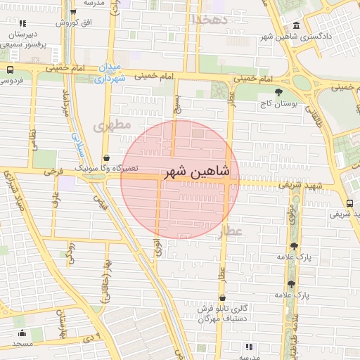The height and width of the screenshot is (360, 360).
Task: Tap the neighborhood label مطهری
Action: click(x=112, y=127)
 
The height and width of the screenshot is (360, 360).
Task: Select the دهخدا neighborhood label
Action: click(x=210, y=19)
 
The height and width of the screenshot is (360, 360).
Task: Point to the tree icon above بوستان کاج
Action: click(x=279, y=91)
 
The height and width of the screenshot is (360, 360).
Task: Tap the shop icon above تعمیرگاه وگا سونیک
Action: click(x=106, y=158)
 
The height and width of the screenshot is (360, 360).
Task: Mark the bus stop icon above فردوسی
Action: click(x=10, y=70)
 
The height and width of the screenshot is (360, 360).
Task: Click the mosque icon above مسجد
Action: click(x=22, y=333)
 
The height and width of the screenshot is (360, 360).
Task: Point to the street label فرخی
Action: click(x=53, y=171)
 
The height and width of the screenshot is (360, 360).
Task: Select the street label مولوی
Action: click(x=291, y=212)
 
